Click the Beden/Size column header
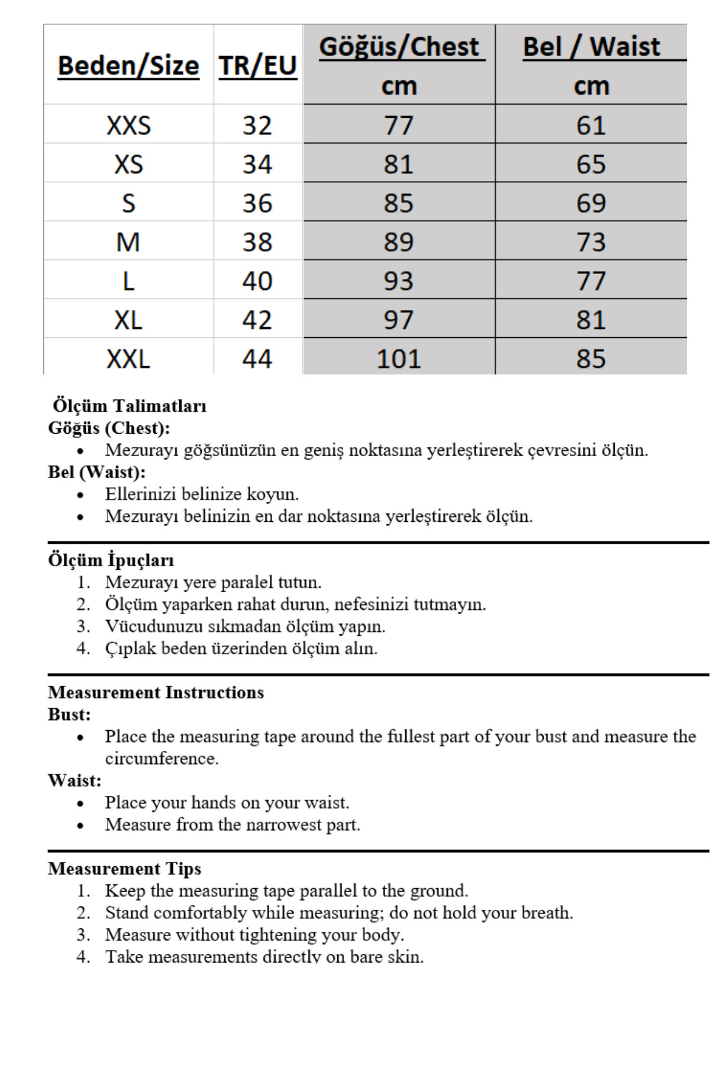click(x=128, y=66)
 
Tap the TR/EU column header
click(x=257, y=66)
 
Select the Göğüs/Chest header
click(x=399, y=47)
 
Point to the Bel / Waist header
click(x=591, y=47)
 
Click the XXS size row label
click(x=128, y=125)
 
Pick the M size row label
click(x=128, y=242)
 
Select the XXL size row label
click(x=128, y=359)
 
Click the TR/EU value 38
click(x=257, y=242)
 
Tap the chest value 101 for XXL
click(x=399, y=359)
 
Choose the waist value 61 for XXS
click(x=591, y=125)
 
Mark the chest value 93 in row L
click(x=398, y=281)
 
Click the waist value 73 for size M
click(x=591, y=242)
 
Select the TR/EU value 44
click(x=257, y=359)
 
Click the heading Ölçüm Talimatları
click(x=130, y=406)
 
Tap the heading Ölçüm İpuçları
click(x=111, y=560)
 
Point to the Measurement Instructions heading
click(x=156, y=692)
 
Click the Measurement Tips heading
click(x=125, y=869)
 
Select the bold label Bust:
click(x=70, y=714)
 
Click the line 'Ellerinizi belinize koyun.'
click(x=202, y=494)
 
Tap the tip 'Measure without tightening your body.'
click(x=254, y=935)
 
